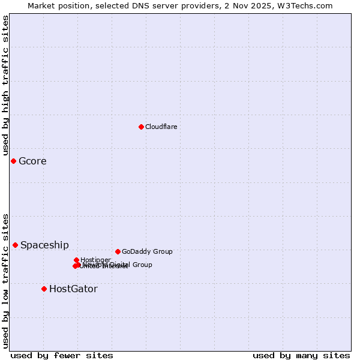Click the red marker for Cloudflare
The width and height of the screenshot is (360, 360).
click(x=141, y=127)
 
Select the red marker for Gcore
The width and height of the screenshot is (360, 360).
click(x=13, y=161)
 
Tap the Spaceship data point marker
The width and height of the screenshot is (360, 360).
click(x=15, y=245)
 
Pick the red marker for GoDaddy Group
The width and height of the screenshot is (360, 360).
click(x=118, y=251)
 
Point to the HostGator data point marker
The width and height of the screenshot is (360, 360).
click(x=44, y=289)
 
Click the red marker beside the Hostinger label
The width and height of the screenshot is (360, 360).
click(x=76, y=260)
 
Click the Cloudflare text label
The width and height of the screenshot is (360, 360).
click(x=161, y=127)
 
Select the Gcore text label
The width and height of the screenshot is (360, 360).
click(x=32, y=161)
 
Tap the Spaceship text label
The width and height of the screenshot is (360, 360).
click(x=44, y=245)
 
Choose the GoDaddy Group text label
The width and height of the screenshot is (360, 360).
click(x=147, y=251)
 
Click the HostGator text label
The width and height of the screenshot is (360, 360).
click(x=73, y=289)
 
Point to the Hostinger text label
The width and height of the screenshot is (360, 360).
click(x=96, y=260)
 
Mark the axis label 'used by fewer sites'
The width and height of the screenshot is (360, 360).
click(x=62, y=355)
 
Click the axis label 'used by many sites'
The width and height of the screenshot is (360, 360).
click(x=301, y=355)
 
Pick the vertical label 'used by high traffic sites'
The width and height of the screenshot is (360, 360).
click(x=5, y=85)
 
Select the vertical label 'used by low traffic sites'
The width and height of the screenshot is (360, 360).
click(x=5, y=280)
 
